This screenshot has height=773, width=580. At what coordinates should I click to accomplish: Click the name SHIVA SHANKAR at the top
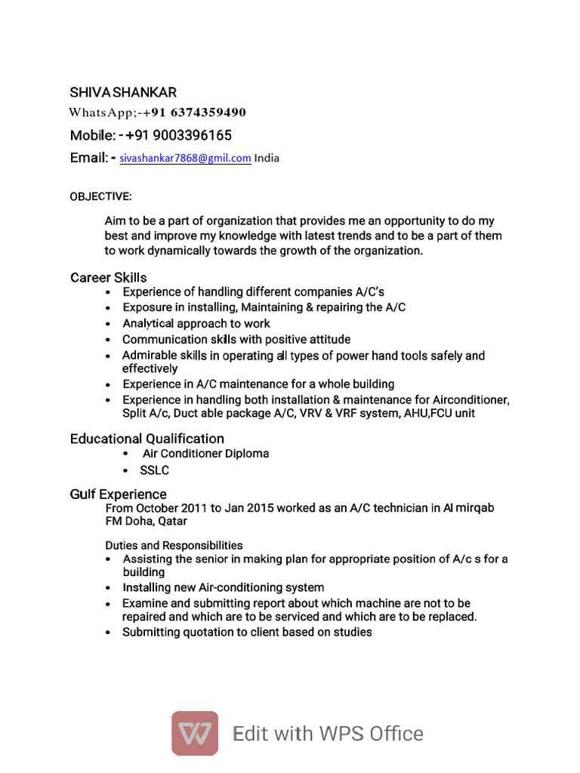tap(123, 93)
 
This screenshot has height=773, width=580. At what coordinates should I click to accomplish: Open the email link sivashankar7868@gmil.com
tap(185, 159)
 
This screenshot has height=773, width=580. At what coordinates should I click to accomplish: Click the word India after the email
tap(267, 159)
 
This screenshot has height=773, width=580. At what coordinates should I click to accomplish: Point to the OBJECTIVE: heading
tap(100, 197)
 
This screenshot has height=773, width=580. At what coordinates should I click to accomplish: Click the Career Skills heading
tap(109, 278)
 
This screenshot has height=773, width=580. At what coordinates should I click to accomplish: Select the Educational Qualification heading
tap(147, 439)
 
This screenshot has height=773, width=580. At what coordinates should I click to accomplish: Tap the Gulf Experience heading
tap(119, 494)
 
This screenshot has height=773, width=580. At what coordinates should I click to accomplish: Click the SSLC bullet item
tap(154, 470)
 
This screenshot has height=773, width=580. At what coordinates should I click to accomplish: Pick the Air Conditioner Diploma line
tap(205, 454)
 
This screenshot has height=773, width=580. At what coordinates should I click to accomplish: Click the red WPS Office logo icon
tap(195, 733)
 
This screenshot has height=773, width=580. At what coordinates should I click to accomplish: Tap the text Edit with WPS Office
tap(329, 734)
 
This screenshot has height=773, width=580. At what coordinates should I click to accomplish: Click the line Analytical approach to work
tap(196, 324)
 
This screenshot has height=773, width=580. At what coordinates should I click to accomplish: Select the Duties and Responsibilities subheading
tap(174, 545)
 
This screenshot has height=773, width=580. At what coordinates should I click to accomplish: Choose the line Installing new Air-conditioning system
tap(224, 587)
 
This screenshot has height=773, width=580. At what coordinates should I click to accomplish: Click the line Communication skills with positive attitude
tap(236, 340)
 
